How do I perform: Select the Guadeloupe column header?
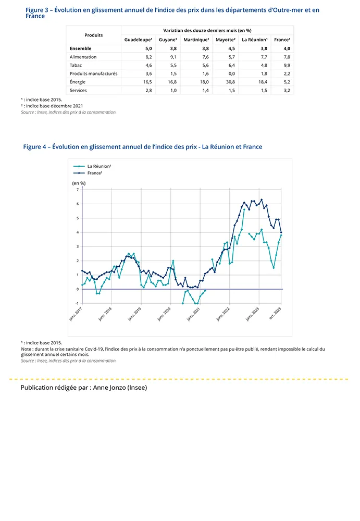coord(138,40)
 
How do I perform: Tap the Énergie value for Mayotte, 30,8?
coord(231,82)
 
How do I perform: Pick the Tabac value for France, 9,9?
coord(285,65)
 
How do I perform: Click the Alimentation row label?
coord(83,57)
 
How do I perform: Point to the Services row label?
coord(78,90)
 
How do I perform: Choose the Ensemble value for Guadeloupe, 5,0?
coord(148,48)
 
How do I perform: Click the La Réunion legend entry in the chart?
coord(99,166)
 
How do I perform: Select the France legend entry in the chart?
coord(94,172)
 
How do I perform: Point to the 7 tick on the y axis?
coord(77,190)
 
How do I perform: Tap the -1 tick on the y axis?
coord(77,303)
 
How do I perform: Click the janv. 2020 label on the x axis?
coord(165,313)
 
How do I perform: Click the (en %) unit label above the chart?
coord(79,183)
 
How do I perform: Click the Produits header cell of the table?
coord(94,35)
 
